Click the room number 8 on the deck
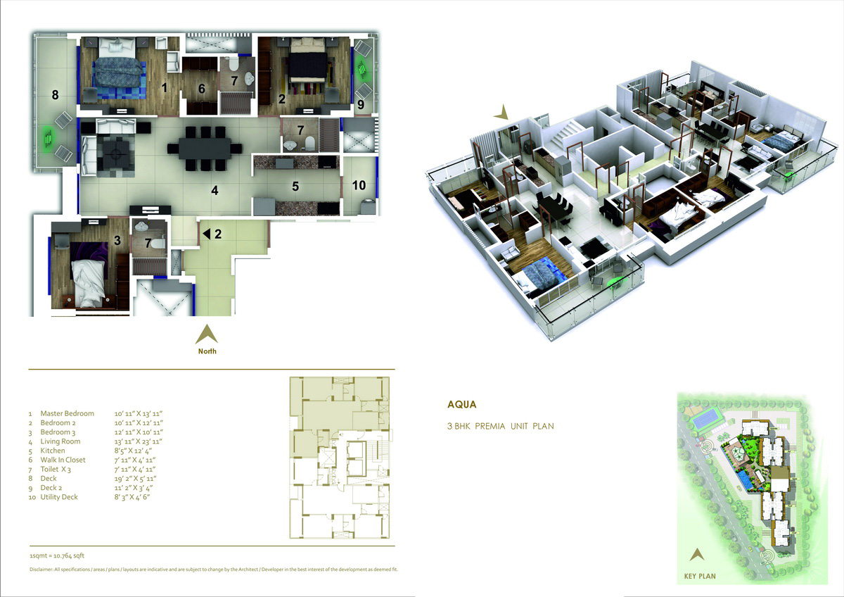(x=55, y=94)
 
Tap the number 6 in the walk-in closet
(x=202, y=89)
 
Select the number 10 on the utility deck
(x=359, y=185)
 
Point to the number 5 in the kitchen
(x=295, y=186)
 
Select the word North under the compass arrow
(x=207, y=351)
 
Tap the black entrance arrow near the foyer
(x=207, y=234)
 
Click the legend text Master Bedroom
(x=67, y=413)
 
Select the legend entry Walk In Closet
(x=63, y=460)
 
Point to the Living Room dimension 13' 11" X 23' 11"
(x=139, y=441)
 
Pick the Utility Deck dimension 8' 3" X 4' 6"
(x=132, y=497)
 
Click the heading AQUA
(x=462, y=404)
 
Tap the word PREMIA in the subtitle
(x=490, y=426)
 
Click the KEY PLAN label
(x=700, y=577)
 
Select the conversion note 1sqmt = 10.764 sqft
(x=57, y=555)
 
